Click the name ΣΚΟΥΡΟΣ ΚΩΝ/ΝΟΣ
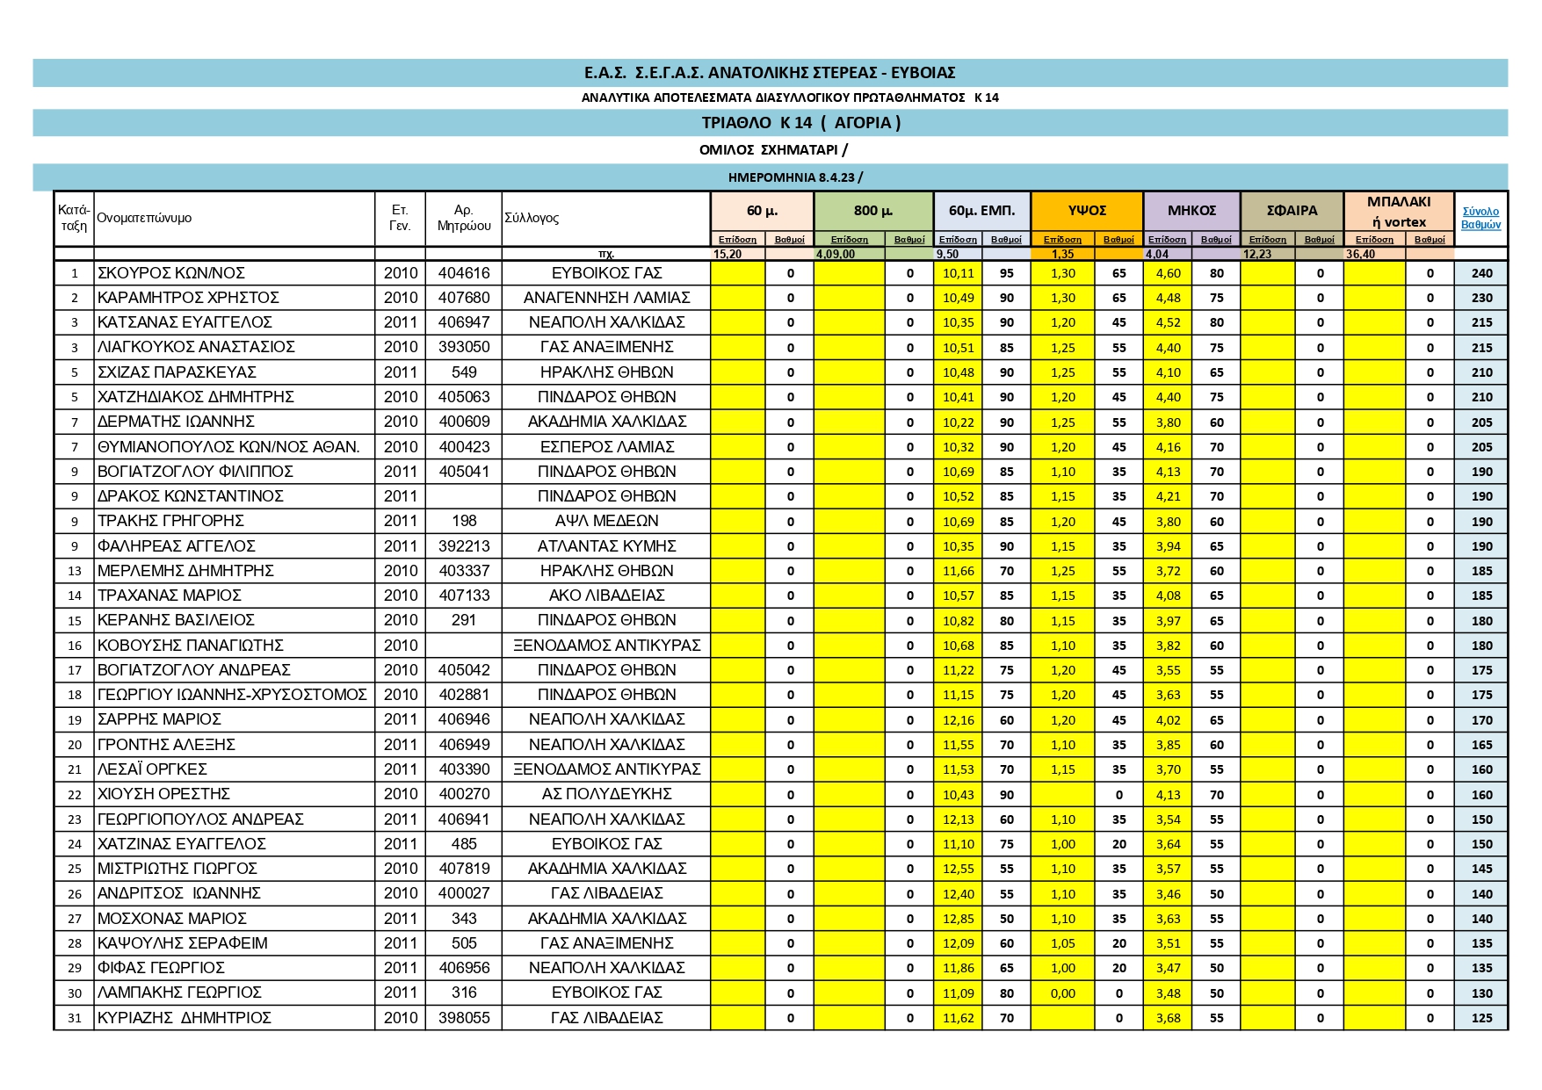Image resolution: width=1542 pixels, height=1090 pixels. (x=171, y=273)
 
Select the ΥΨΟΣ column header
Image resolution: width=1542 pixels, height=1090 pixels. (x=1087, y=211)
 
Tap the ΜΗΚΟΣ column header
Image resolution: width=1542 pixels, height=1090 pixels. (x=1191, y=211)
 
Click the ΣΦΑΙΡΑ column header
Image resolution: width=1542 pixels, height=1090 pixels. (x=1292, y=211)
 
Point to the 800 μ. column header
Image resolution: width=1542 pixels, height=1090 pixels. (x=872, y=211)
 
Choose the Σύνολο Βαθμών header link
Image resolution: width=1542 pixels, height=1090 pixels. (x=1480, y=218)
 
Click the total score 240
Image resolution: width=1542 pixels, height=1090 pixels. (x=1481, y=273)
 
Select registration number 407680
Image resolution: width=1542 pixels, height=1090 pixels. (x=463, y=298)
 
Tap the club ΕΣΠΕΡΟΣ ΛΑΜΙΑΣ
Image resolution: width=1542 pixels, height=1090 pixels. (x=606, y=447)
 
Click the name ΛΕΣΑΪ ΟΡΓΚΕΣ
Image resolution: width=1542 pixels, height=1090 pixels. (x=152, y=769)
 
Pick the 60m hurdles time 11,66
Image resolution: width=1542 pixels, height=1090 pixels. (x=958, y=571)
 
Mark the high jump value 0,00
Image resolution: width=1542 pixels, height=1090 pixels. (x=1062, y=993)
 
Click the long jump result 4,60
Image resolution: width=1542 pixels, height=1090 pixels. (x=1168, y=273)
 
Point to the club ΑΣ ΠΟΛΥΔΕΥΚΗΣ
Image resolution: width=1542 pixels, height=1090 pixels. (x=606, y=794)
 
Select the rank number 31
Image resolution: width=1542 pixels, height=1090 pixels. (x=75, y=1018)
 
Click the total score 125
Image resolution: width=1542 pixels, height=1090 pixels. (x=1481, y=1018)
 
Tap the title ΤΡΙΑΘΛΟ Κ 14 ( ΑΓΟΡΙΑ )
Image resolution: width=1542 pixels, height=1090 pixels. (x=800, y=123)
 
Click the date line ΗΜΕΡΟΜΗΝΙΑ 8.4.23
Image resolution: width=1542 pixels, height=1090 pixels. (x=794, y=177)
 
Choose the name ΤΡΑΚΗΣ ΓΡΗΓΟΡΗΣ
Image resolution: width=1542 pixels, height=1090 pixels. (x=170, y=521)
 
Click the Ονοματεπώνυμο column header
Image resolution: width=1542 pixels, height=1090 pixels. (x=144, y=218)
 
